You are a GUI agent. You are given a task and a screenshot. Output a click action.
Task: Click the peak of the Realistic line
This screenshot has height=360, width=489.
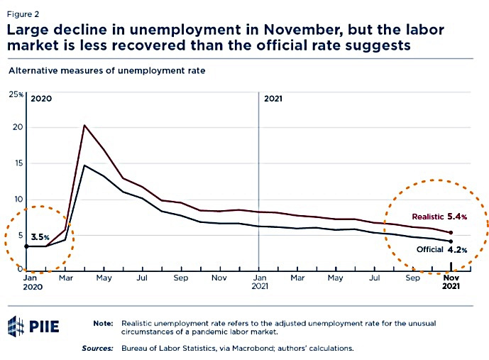coord(84,126)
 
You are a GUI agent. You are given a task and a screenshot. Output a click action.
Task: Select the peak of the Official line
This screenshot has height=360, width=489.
coord(84,165)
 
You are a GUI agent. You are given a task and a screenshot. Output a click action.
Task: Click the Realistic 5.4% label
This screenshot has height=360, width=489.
coord(439,216)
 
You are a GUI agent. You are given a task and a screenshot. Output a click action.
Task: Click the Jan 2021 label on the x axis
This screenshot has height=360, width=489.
coord(259,282)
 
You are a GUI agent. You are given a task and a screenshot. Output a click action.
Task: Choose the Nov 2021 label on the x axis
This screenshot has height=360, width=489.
coord(451,282)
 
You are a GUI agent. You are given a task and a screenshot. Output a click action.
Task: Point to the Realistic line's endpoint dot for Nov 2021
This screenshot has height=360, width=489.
coord(451,233)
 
